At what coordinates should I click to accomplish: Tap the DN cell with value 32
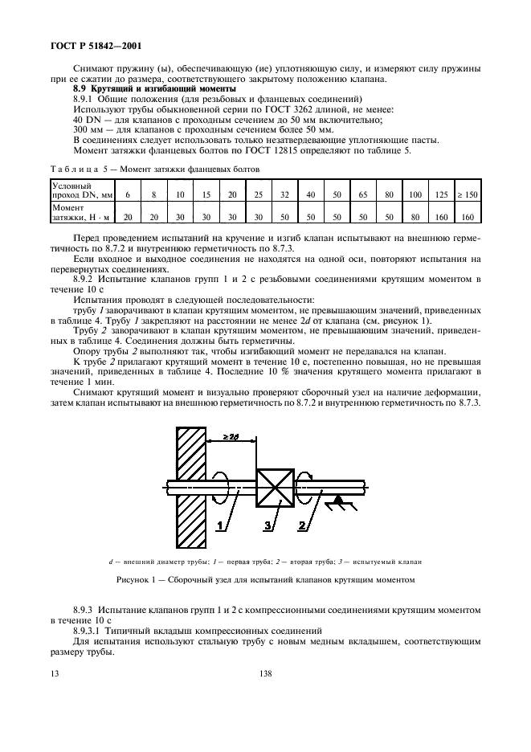(284, 194)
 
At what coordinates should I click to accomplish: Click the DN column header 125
(441, 194)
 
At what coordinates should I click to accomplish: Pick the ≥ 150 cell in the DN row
(468, 194)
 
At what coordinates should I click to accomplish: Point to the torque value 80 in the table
(415, 216)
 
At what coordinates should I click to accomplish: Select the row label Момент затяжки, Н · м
(77, 211)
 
